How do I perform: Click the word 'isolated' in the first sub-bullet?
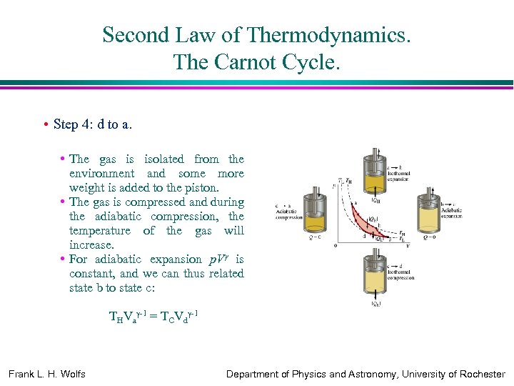pos(163,159)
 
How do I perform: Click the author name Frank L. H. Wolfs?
pos(46,374)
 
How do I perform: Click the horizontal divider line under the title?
pos(257,84)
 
